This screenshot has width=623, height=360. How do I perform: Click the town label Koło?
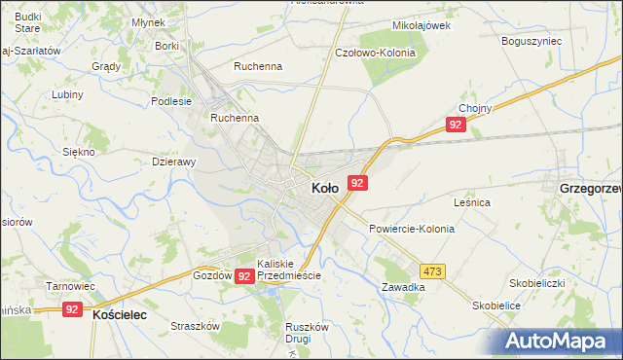tap(324, 188)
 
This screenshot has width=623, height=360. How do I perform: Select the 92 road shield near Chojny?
tap(456, 126)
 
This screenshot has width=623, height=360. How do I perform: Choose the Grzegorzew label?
tap(590, 187)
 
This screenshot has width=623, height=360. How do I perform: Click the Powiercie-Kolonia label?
tap(412, 229)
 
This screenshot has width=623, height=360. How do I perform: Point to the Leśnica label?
tap(471, 202)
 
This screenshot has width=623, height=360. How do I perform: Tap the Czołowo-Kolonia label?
tap(375, 53)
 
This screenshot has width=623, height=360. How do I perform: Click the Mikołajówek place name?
tap(421, 26)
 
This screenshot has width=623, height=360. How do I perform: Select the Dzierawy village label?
tap(175, 162)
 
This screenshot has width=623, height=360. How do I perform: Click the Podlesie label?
tap(172, 100)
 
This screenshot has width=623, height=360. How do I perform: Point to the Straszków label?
tap(192, 327)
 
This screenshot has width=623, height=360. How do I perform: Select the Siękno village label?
tap(78, 152)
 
